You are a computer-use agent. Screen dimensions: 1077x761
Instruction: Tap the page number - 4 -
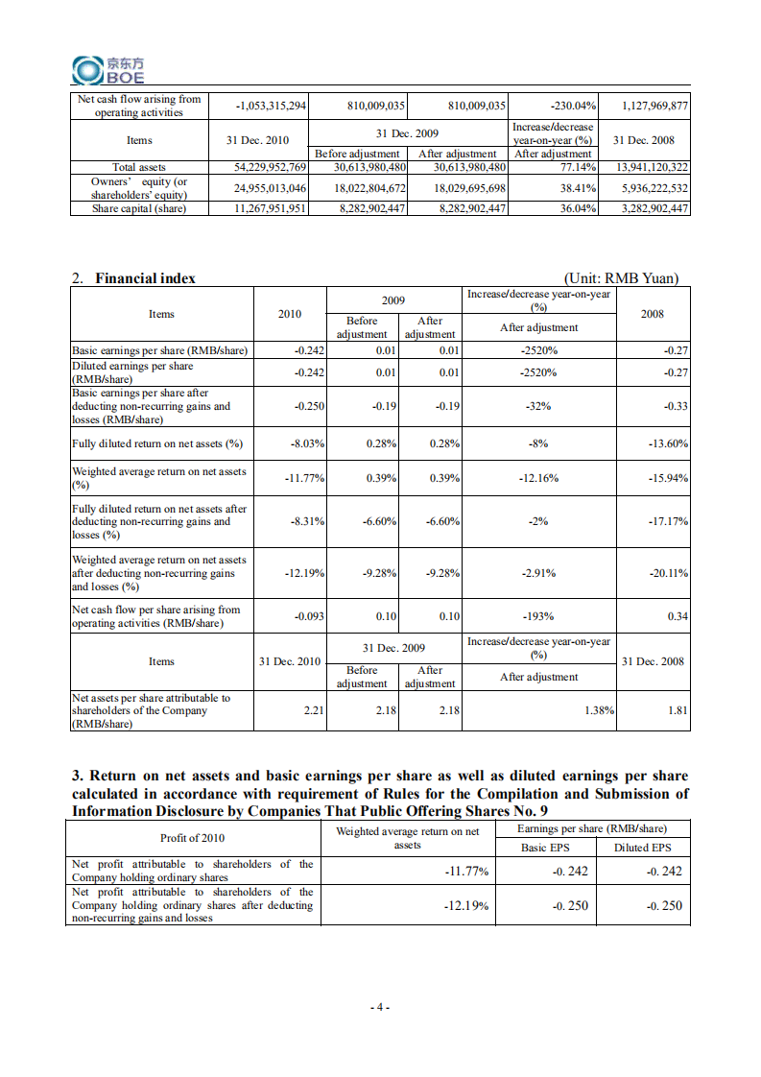pos(380,1007)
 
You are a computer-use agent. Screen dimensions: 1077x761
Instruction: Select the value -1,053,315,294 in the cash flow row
pos(271,106)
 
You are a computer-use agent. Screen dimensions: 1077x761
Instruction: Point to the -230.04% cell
pos(573,106)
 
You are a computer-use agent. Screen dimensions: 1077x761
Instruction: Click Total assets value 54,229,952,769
pos(271,167)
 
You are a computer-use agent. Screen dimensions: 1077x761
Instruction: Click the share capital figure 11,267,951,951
pos(271,208)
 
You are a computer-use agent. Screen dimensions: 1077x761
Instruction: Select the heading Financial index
pos(145,278)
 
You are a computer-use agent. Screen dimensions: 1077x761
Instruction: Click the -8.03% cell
pos(307,443)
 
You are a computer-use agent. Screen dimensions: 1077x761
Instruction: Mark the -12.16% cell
pos(539,478)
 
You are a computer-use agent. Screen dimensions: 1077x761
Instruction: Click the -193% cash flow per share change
pos(539,616)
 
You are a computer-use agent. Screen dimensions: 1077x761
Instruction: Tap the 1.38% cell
pos(599,710)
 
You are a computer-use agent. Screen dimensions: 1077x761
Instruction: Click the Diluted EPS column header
pos(642,848)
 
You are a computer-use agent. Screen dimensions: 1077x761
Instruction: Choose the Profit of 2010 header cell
pos(192,838)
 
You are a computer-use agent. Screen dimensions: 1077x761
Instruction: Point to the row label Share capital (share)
pos(139,208)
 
